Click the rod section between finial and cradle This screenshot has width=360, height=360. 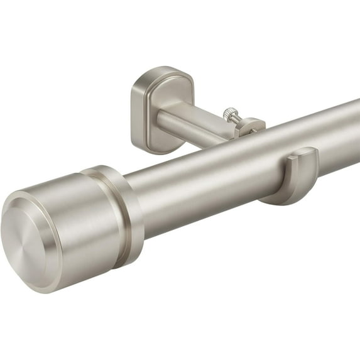pyautogui.click(x=201, y=182)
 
